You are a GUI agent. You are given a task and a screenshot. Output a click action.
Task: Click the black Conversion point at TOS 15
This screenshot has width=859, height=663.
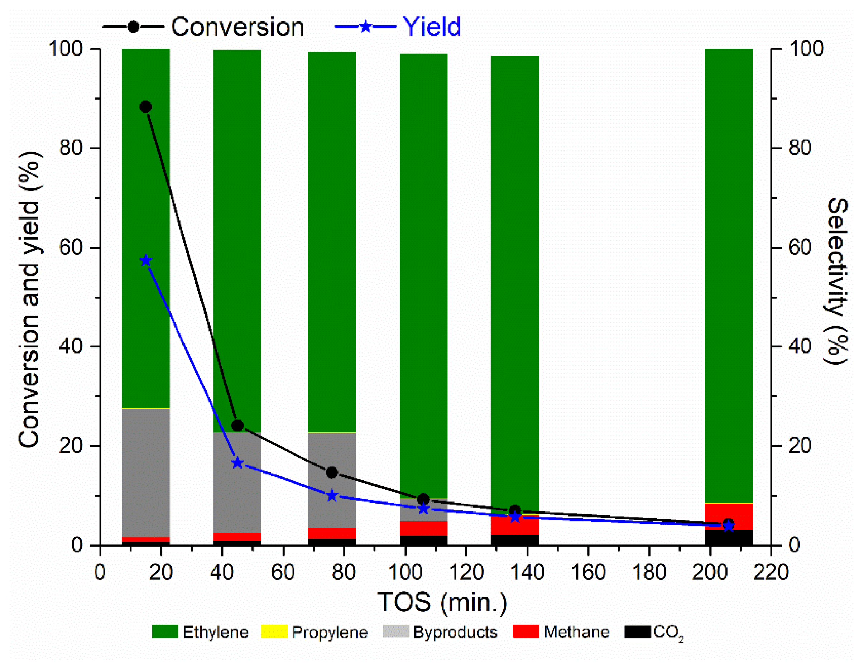click(x=146, y=107)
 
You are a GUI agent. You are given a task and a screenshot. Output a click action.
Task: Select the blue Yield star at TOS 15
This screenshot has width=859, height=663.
click(x=146, y=260)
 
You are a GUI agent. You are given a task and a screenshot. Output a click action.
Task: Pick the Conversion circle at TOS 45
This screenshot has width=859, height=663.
click(x=237, y=426)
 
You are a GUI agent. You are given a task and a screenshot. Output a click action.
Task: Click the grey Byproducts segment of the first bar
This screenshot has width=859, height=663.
click(x=146, y=472)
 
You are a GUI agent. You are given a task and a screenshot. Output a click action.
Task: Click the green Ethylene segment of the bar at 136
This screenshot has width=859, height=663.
click(x=515, y=275)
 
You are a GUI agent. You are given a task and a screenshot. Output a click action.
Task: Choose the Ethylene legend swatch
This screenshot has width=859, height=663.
click(x=165, y=631)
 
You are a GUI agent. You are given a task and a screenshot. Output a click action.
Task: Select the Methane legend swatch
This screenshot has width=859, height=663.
click(x=526, y=631)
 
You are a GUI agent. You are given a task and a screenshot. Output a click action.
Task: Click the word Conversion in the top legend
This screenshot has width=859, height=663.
click(x=237, y=28)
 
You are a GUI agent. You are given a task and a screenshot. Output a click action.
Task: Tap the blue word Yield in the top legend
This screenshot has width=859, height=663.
click(x=432, y=28)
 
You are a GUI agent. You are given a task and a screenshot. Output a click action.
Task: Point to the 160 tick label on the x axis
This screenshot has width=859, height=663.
click(x=587, y=572)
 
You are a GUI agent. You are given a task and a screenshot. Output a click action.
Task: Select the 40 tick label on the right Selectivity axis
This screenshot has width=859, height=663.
click(x=800, y=346)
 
